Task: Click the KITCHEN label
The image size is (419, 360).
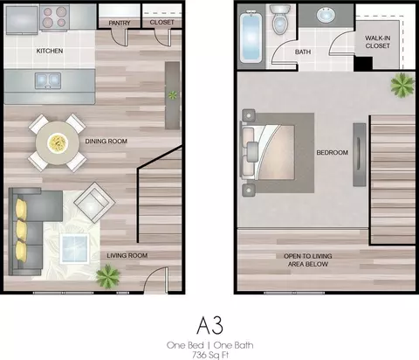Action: pos(50,51)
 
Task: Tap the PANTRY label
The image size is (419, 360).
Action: pos(120,23)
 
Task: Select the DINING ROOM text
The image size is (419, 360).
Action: pos(106,142)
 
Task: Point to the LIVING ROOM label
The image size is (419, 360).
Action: pos(127,255)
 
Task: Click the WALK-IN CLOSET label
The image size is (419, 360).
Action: pos(378,42)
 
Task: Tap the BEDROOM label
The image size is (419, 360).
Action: pos(333,152)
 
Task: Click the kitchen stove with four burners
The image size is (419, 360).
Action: pos(54,17)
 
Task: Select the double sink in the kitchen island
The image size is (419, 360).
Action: pos(48,80)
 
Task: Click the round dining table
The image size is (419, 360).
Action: pos(58,142)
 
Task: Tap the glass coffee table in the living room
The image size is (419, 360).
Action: pos(74,248)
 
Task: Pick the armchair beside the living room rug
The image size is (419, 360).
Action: pos(94,203)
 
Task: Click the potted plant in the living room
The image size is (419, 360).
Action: pos(108,276)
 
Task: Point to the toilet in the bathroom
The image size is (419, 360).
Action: pos(279,19)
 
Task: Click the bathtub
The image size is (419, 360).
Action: pos(251,37)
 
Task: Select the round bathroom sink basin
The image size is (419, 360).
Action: pos(326,15)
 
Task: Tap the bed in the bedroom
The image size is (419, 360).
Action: pos(268,152)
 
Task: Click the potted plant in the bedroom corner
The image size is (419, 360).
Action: pos(402,85)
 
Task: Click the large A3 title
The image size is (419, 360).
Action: pos(209,325)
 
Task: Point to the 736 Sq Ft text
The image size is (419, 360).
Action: pos(210,355)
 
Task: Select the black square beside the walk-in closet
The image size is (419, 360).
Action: pos(363,64)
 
